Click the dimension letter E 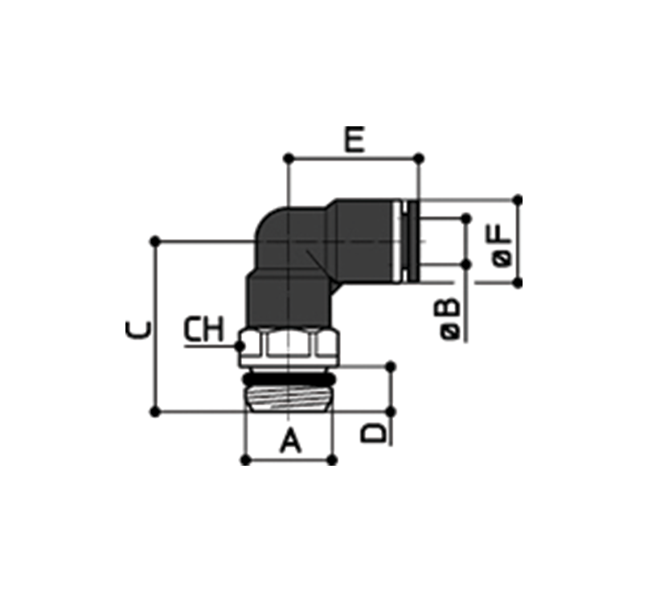pyautogui.click(x=355, y=140)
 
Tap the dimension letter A pyautogui.click(x=290, y=441)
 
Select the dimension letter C pyautogui.click(x=138, y=331)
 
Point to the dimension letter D pyautogui.click(x=373, y=434)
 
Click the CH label pyautogui.click(x=203, y=329)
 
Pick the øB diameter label pyautogui.click(x=450, y=319)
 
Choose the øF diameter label pyautogui.click(x=502, y=245)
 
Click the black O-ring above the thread pyautogui.click(x=289, y=379)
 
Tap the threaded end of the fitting pyautogui.click(x=289, y=398)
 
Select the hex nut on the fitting pyautogui.click(x=289, y=347)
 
